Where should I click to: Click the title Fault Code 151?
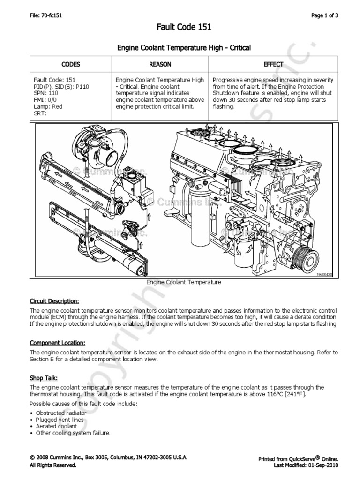click(x=184, y=28)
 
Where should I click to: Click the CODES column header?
click(x=71, y=64)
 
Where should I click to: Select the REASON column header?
click(x=160, y=64)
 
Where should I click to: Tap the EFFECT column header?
click(x=273, y=64)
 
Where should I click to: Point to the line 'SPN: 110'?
click(x=45, y=93)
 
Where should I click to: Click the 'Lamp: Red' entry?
click(x=48, y=106)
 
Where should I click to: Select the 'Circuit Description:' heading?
click(x=54, y=300)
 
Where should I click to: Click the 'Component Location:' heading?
click(x=58, y=343)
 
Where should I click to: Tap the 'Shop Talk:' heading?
click(x=44, y=378)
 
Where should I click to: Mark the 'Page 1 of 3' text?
click(x=325, y=15)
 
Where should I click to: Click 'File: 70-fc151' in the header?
click(x=46, y=15)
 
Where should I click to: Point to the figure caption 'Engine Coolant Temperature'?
click(x=184, y=283)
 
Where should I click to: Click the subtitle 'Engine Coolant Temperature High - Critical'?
click(x=184, y=47)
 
